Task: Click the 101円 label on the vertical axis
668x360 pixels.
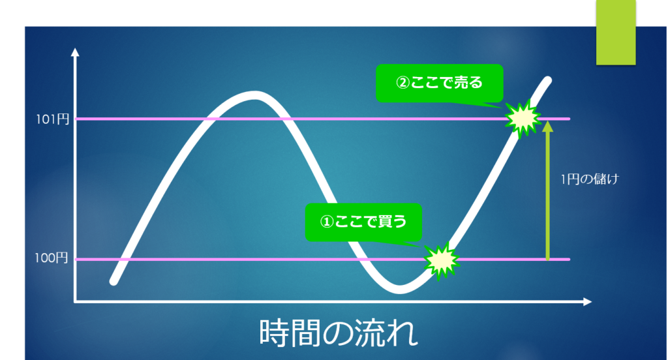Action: click(x=52, y=119)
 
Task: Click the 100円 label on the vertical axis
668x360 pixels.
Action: click(x=52, y=258)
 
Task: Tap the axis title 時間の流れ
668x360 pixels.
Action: click(x=339, y=333)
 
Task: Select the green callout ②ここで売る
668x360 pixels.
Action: click(x=439, y=83)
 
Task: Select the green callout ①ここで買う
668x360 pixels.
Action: click(x=363, y=222)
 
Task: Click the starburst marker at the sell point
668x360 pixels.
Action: click(x=523, y=119)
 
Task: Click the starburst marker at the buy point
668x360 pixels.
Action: click(x=442, y=260)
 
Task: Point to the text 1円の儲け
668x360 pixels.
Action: click(x=590, y=179)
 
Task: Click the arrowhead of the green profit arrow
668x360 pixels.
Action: click(x=548, y=126)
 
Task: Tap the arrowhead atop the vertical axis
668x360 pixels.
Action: click(x=76, y=52)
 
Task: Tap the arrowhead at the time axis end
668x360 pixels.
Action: click(x=588, y=302)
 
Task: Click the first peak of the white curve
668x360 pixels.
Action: click(x=254, y=95)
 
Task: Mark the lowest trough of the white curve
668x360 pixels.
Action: click(x=400, y=290)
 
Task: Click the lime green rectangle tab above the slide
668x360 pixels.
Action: click(x=616, y=33)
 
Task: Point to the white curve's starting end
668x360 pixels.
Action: click(x=114, y=281)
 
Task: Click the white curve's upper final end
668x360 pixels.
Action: click(x=547, y=80)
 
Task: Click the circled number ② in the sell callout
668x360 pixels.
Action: click(x=402, y=83)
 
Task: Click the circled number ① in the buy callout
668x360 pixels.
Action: click(x=327, y=222)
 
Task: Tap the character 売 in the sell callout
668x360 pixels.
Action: click(x=461, y=83)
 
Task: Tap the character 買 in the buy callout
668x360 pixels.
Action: click(x=385, y=222)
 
